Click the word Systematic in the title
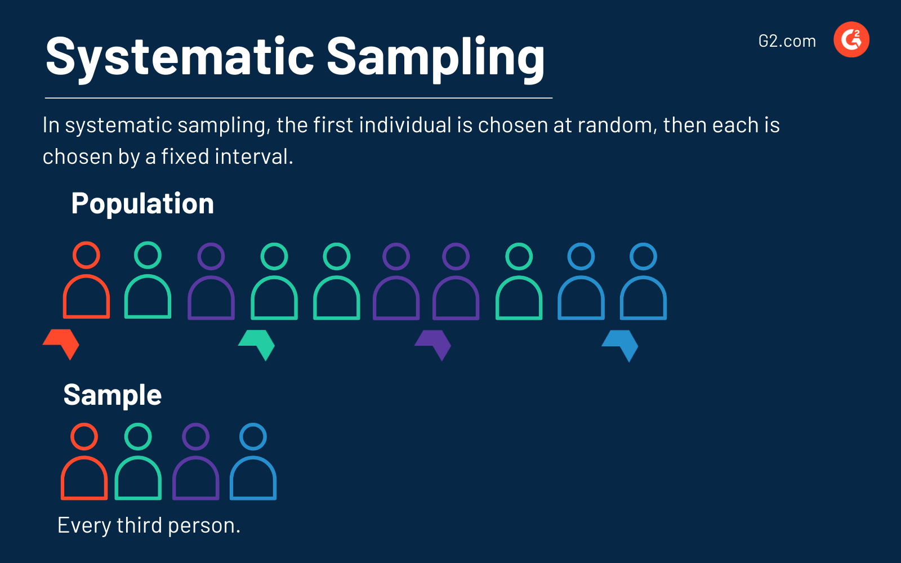[x=179, y=57]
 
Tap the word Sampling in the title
[x=435, y=57]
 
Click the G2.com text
[x=787, y=41]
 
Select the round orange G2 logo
[x=851, y=40]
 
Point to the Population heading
[x=142, y=204]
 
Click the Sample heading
[x=113, y=395]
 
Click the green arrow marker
[x=257, y=343]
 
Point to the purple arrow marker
[x=434, y=343]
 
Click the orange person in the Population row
[x=86, y=281]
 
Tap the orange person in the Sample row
[x=84, y=463]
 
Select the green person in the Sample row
[x=138, y=463]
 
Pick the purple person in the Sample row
[x=195, y=463]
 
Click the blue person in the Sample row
[x=253, y=463]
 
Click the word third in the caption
[x=140, y=526]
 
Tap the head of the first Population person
[x=86, y=255]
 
